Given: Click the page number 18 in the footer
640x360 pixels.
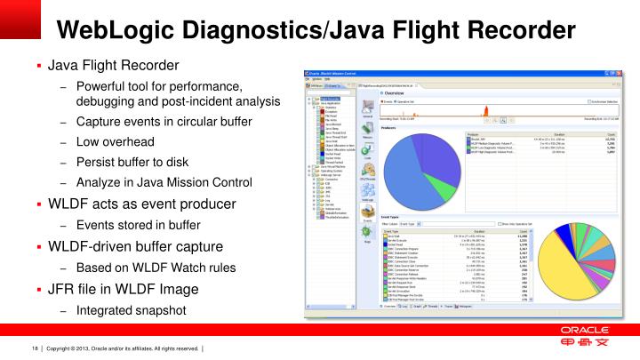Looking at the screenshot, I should pyautogui.click(x=36, y=347).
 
